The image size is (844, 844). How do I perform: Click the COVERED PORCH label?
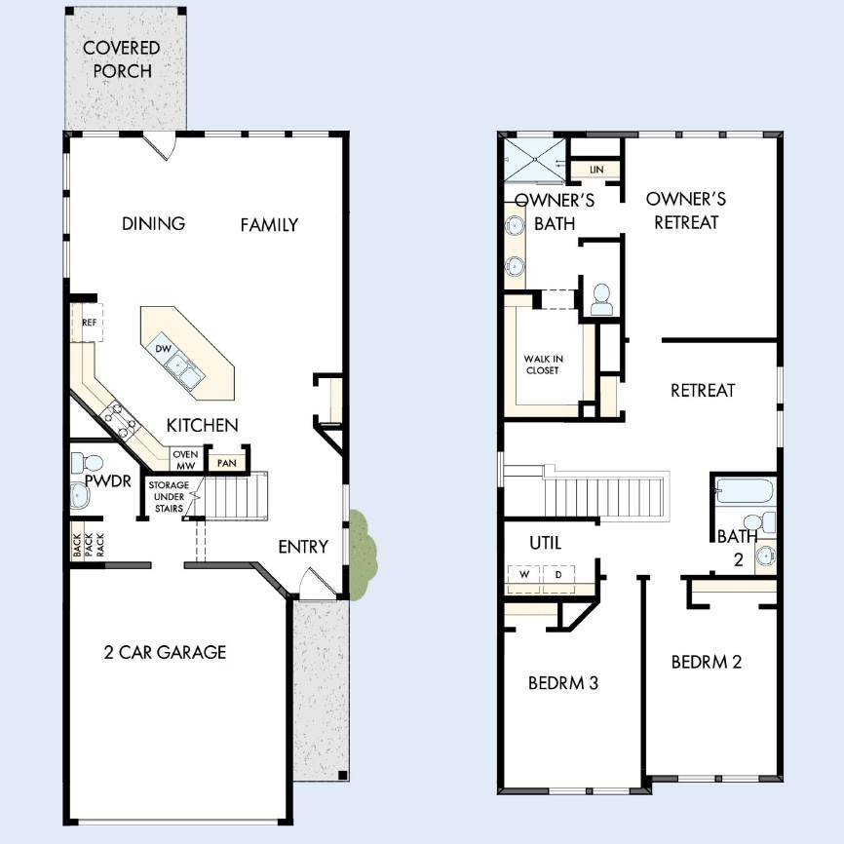coord(121,59)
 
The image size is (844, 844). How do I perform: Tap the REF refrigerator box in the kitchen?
coord(87,323)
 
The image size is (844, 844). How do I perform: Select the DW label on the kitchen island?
coord(163,348)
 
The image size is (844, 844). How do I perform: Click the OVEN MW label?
coord(184,459)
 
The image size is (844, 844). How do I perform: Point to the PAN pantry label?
coord(226,463)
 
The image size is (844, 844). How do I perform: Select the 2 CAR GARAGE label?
coord(165,652)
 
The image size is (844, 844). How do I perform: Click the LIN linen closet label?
coord(595,171)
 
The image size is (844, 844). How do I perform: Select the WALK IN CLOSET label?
coord(542,364)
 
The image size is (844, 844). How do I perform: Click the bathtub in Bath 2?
coord(745,489)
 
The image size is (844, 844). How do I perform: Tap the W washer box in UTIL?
coord(523,575)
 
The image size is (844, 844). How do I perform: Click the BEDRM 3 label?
coord(562,682)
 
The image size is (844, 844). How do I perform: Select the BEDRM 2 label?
coord(706,662)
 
